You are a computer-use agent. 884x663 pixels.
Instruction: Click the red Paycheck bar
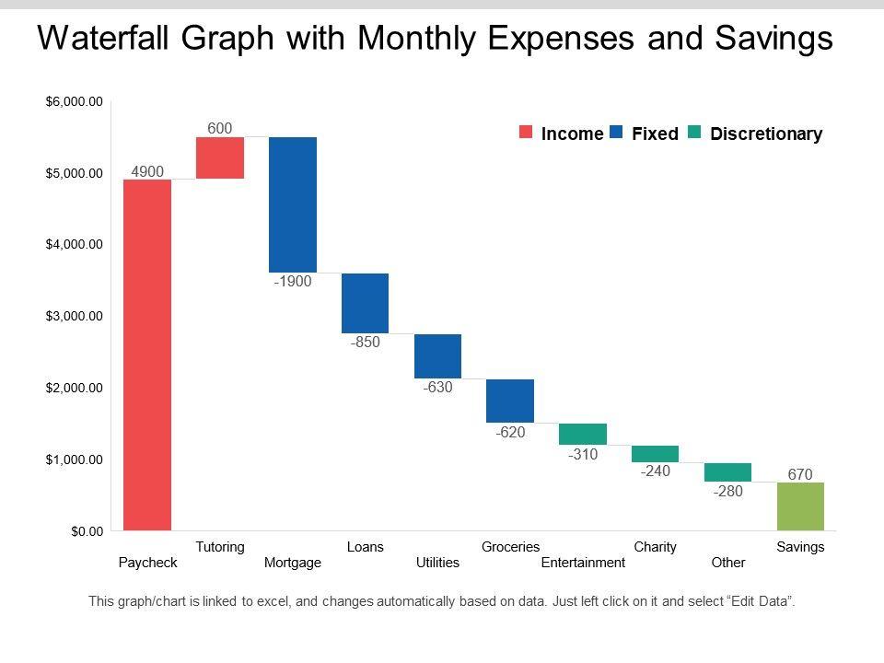[x=147, y=355]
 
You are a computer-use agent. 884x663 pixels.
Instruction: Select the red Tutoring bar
[x=220, y=157]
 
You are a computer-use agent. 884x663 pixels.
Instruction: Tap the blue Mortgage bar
[x=293, y=204]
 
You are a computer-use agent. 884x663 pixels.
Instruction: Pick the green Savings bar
[x=800, y=506]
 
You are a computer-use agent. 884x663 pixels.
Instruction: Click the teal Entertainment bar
[x=583, y=434]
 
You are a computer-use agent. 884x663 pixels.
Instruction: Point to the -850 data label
[x=366, y=343]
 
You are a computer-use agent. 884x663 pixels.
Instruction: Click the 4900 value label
[x=147, y=170]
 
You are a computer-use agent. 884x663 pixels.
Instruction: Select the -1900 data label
[x=293, y=282]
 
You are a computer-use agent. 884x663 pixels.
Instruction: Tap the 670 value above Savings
[x=800, y=474]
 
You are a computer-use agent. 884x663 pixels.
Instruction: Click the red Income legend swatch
[x=526, y=134]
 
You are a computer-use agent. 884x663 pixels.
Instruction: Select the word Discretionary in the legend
[x=766, y=134]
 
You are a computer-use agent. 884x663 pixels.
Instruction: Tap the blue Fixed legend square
[x=616, y=134]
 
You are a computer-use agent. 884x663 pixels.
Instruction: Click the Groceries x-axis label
[x=511, y=547]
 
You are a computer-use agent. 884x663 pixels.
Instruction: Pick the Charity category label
[x=656, y=547]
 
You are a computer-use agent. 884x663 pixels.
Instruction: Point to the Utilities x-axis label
[x=437, y=562]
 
